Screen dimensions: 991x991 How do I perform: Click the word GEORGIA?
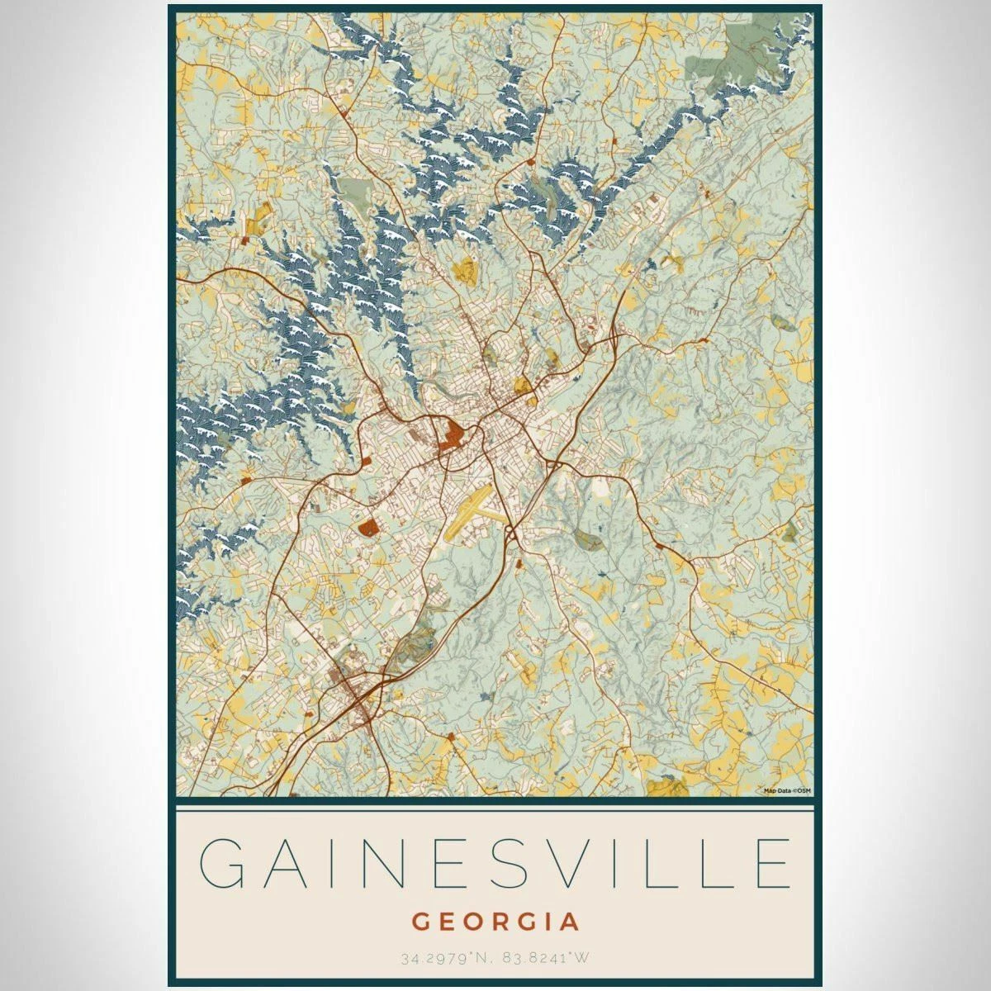(x=495, y=921)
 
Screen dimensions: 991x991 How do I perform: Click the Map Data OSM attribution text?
(x=787, y=790)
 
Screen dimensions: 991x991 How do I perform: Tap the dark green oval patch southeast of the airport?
(x=588, y=539)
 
